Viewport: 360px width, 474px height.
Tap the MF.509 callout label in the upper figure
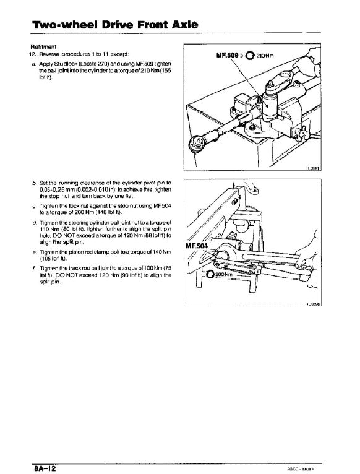[x=228, y=54]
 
